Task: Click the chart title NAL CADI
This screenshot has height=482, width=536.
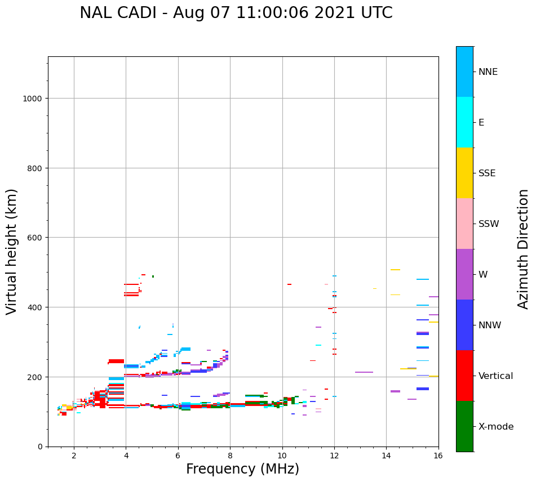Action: click(236, 13)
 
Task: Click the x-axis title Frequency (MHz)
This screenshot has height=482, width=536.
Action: click(242, 469)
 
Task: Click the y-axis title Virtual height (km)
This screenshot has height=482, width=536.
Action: click(12, 252)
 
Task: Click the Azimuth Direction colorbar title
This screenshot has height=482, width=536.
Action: click(524, 249)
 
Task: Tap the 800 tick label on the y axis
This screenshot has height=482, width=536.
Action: click(36, 168)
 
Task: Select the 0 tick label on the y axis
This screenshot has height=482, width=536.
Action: click(39, 447)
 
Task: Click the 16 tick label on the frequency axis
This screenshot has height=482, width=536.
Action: click(438, 456)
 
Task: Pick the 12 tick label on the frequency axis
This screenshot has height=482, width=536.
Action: click(334, 456)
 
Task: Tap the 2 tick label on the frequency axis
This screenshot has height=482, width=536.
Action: click(74, 456)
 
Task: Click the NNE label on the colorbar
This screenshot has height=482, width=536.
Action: click(488, 72)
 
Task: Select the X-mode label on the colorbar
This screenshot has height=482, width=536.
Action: click(496, 427)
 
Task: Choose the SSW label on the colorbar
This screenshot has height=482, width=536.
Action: click(489, 224)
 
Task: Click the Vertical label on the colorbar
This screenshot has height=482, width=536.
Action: click(496, 376)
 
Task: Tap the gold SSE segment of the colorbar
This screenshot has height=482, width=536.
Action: click(464, 173)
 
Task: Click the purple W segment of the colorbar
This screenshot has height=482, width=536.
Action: click(464, 274)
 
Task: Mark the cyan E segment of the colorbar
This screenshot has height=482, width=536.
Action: click(464, 122)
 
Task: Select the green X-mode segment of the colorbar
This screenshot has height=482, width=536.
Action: click(464, 426)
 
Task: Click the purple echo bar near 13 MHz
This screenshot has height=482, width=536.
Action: click(364, 372)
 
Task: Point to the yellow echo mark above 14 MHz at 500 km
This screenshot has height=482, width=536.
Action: click(395, 270)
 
